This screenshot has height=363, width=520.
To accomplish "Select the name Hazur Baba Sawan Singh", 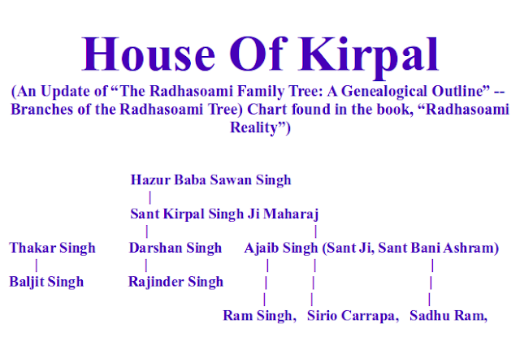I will [210, 180].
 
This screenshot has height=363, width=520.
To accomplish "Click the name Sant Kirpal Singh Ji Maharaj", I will [223, 214].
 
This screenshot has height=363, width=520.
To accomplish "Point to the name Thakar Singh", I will [52, 248].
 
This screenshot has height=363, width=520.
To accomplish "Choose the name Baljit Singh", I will [46, 282].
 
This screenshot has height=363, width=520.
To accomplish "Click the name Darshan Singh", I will [175, 248].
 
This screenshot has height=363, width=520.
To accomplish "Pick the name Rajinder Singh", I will [175, 282].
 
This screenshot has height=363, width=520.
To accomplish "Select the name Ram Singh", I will [259, 316].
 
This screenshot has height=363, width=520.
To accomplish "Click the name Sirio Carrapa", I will [352, 316].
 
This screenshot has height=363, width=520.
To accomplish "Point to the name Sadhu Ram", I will [448, 316].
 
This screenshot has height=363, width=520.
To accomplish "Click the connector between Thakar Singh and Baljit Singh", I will [37, 265].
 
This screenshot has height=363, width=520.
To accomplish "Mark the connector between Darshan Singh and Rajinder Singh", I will [146, 265].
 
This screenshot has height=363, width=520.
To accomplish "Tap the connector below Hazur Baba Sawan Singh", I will [150, 197].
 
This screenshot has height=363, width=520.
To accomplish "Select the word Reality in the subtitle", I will [260, 127].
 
